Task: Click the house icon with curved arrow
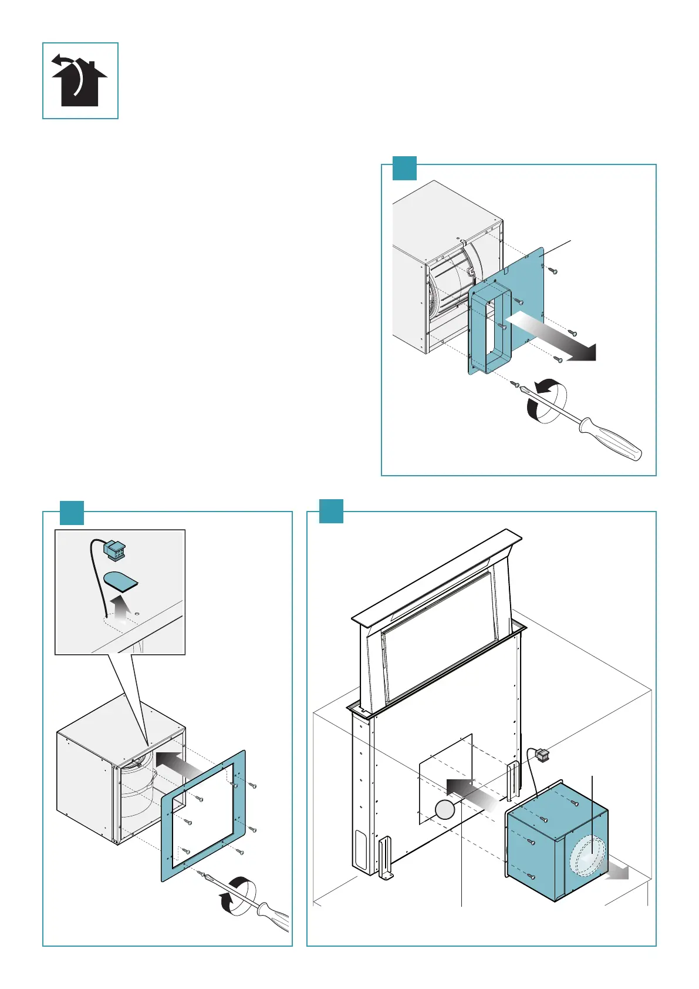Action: coord(80,80)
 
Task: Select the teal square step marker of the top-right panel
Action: coord(404,168)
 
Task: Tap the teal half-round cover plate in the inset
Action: coord(120,581)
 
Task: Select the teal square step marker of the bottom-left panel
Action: coord(72,513)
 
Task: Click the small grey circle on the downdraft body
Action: coord(444,810)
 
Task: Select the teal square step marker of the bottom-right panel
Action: coord(331,511)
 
